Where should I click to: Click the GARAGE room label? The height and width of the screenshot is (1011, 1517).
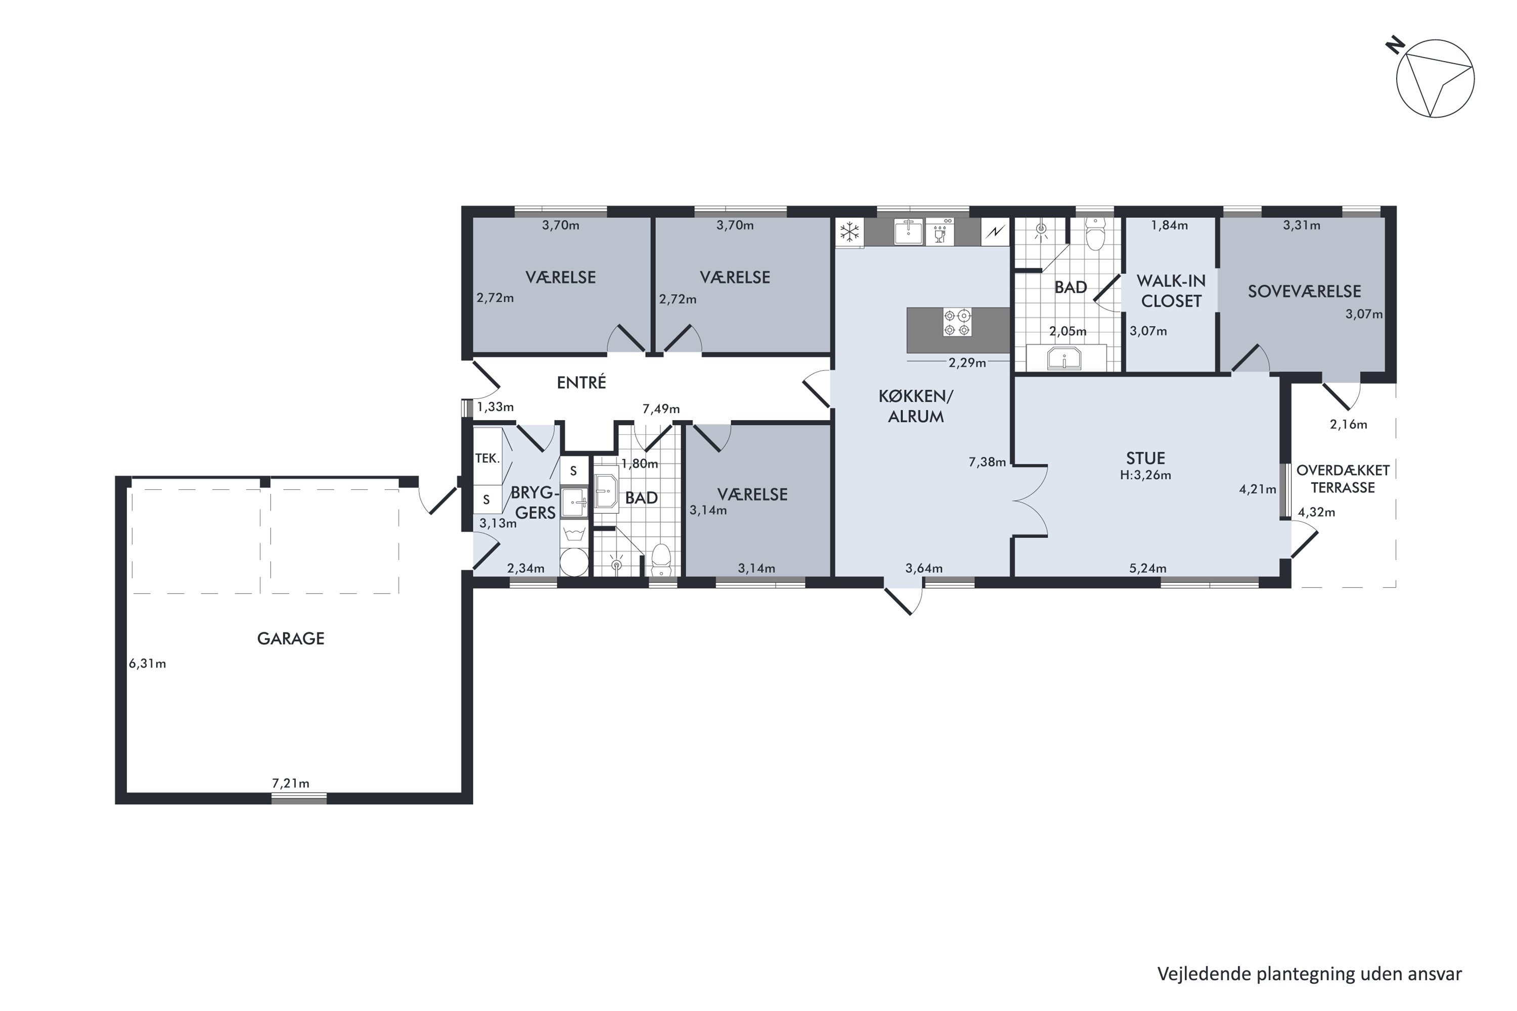tap(290, 638)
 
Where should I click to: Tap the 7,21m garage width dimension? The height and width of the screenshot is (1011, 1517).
tap(290, 784)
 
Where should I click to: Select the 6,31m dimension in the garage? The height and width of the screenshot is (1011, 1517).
tap(147, 663)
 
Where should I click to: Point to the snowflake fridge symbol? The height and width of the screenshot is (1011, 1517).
tap(850, 232)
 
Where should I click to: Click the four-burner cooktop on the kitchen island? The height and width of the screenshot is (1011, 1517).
tap(957, 323)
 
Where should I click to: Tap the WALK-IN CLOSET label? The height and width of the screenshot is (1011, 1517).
tap(1171, 291)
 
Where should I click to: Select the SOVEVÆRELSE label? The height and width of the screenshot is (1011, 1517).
tap(1304, 292)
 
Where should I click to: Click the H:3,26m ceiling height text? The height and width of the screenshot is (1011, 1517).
tap(1145, 475)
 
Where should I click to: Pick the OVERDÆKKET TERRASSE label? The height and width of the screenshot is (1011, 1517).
tap(1343, 479)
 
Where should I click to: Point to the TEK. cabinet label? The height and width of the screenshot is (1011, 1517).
tap(487, 458)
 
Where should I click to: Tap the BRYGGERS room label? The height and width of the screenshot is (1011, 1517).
tap(533, 503)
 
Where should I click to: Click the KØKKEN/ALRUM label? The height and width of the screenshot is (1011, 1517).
tap(916, 406)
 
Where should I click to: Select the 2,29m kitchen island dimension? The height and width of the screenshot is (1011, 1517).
tap(967, 363)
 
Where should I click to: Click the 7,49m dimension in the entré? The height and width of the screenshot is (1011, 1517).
tap(661, 409)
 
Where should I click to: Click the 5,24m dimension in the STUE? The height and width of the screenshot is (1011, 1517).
tap(1147, 568)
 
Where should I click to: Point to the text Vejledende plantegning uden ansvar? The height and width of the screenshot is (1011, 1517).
tap(1309, 974)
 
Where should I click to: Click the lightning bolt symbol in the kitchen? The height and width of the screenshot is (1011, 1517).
tap(995, 232)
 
